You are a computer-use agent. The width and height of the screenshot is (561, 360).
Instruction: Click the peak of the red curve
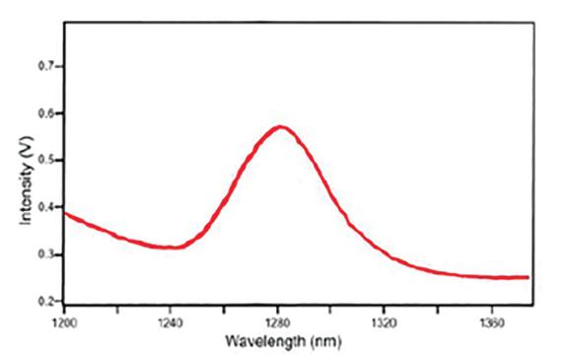click(280, 126)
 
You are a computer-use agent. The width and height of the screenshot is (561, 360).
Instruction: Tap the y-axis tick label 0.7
click(45, 66)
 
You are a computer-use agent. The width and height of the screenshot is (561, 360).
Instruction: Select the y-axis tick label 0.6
click(45, 113)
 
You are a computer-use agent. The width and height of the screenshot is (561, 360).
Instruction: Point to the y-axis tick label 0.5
click(45, 160)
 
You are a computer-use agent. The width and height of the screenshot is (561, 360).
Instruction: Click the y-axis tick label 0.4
click(45, 207)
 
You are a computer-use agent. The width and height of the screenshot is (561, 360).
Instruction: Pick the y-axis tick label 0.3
click(45, 254)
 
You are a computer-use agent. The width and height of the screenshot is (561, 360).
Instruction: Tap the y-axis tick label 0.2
click(45, 300)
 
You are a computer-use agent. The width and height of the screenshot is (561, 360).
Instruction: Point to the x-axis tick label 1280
click(278, 321)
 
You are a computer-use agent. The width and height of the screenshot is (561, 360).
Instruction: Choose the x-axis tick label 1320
click(385, 321)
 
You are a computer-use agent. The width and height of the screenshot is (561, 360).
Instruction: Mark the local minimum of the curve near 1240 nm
click(172, 248)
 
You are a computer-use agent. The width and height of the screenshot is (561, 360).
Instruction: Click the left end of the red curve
click(65, 212)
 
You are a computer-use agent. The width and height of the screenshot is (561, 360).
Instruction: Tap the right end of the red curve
click(528, 277)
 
